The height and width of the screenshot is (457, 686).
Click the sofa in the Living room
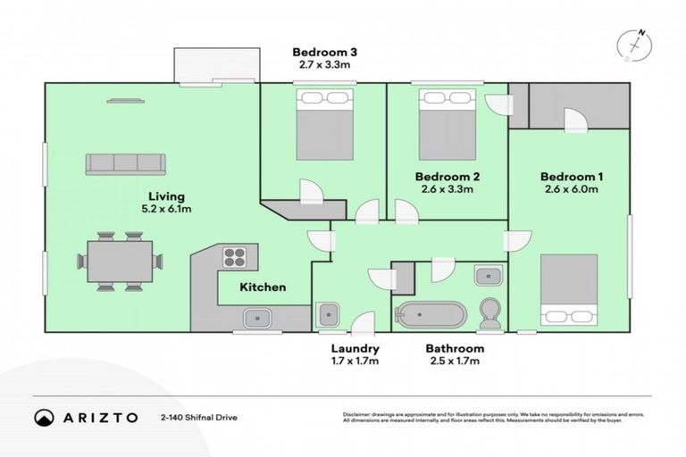126,163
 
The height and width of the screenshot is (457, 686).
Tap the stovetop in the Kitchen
235,257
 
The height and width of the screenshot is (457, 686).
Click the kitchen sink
257,315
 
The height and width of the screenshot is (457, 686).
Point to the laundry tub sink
326,314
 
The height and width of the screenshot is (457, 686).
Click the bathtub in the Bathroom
431,315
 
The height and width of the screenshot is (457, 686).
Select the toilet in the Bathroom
489,313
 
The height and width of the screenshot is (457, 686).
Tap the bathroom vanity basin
488,275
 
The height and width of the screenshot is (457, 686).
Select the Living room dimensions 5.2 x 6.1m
167,209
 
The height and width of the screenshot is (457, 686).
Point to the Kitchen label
263,287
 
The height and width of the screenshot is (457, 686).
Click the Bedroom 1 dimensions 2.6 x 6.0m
573,189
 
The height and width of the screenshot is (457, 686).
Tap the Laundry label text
355,348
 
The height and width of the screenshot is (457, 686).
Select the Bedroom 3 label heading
323,50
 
